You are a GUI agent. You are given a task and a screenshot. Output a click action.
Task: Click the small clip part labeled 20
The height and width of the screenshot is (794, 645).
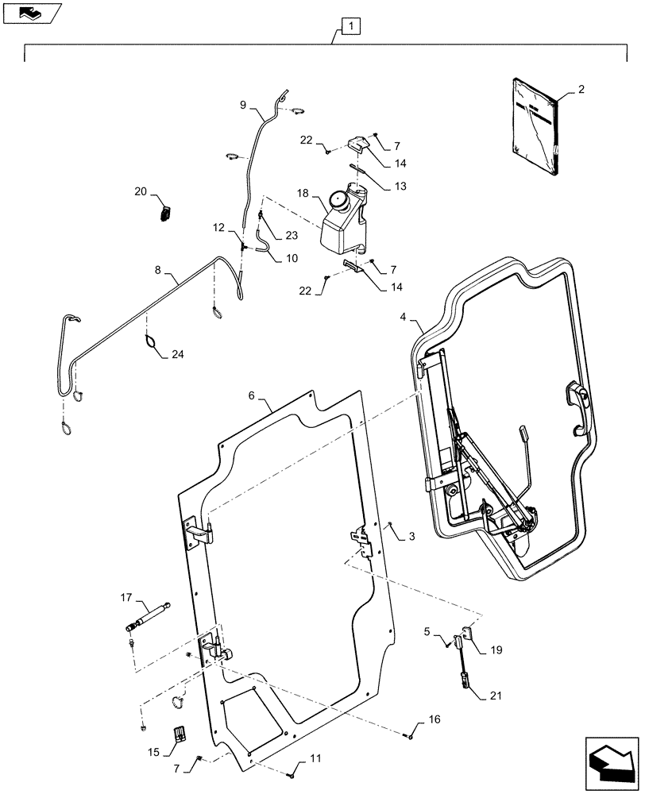166,213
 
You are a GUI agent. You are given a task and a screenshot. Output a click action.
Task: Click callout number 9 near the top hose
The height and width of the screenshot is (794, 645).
243,105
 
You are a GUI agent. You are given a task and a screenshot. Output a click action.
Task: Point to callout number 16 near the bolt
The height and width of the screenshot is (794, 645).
434,720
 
